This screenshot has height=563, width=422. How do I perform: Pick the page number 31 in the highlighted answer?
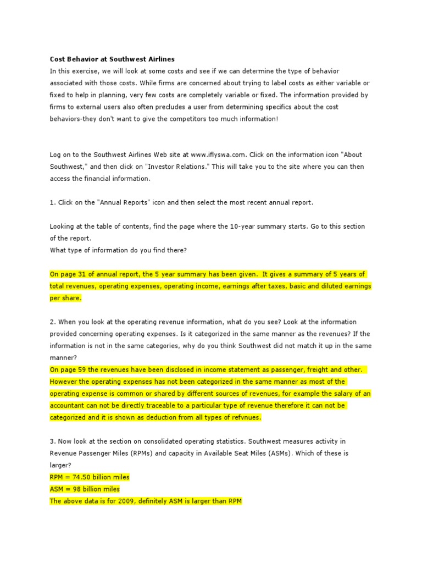[x=82, y=274]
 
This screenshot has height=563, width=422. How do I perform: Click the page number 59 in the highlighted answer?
[x=82, y=369]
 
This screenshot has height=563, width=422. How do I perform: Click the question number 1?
[x=52, y=202]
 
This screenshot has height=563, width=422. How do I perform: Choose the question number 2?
[x=52, y=322]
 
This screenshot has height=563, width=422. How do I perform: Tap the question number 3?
[x=52, y=441]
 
